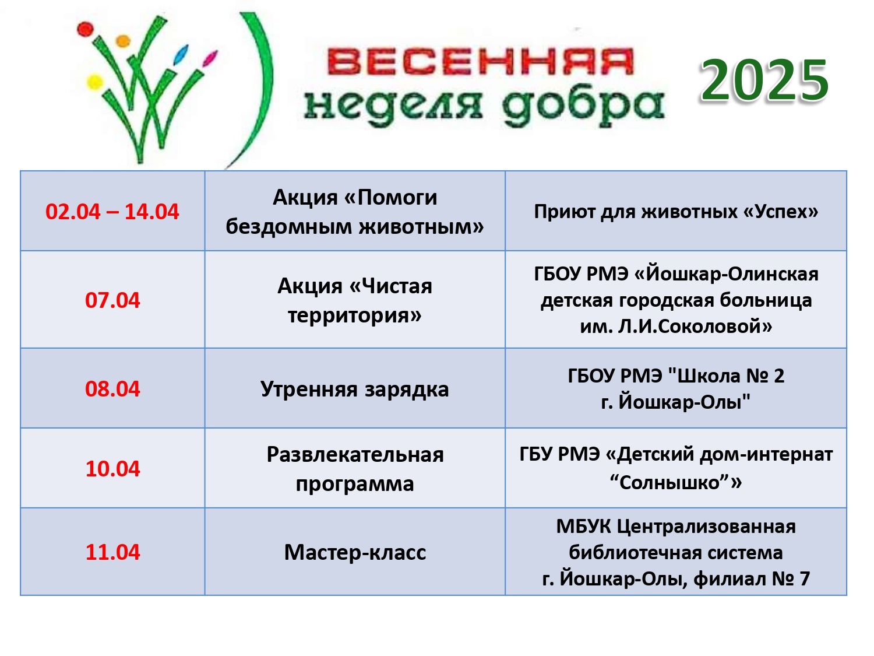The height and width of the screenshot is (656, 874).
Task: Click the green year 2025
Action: [764, 80]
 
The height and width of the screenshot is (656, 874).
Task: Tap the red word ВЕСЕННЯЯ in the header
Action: [480, 62]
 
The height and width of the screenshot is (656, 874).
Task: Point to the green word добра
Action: [583, 107]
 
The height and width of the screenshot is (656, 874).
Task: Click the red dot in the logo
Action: [85, 30]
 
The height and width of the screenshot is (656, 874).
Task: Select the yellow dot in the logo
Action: [95, 82]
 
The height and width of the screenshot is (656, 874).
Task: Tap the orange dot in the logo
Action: [122, 41]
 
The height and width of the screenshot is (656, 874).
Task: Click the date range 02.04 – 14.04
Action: [112, 212]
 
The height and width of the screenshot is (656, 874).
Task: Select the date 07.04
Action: [112, 300]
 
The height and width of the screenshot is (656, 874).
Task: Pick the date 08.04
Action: [112, 389]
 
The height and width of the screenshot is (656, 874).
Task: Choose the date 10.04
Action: [112, 468]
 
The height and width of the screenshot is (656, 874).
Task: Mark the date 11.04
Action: [112, 552]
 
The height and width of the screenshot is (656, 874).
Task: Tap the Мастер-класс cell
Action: [355, 552]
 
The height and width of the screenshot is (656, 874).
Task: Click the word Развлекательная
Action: [355, 454]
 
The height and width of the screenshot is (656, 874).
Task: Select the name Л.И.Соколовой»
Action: [695, 326]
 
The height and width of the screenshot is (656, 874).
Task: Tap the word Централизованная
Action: [706, 527]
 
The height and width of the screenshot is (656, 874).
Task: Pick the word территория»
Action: [355, 316]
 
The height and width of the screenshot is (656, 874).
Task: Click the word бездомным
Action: [288, 227]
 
